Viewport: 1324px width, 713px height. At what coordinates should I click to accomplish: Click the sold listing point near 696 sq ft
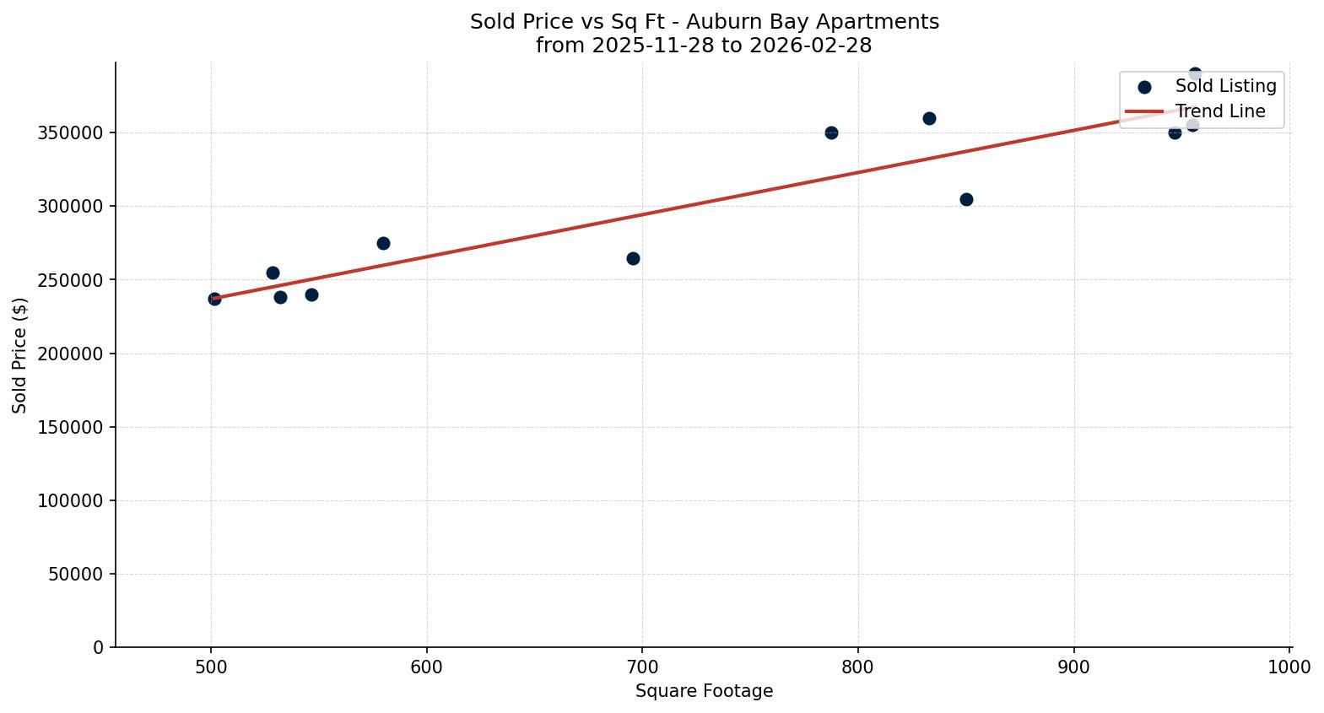tap(633, 258)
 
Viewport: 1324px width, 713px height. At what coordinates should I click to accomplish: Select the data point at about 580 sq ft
tap(383, 243)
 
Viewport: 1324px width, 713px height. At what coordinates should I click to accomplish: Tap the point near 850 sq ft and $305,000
tap(966, 199)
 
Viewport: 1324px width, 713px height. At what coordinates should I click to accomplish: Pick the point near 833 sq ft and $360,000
tap(929, 118)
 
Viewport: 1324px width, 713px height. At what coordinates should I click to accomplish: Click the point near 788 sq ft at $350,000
tap(831, 132)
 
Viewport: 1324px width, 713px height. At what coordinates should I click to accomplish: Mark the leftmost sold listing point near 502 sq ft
tap(214, 299)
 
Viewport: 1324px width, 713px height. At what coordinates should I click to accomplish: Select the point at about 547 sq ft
tap(311, 294)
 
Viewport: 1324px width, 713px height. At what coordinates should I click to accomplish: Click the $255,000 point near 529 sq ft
tap(273, 273)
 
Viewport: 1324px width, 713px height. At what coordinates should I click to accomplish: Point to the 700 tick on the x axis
tap(642, 667)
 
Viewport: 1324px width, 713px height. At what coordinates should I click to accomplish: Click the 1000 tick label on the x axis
tap(1289, 667)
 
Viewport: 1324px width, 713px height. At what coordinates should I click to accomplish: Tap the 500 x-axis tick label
tap(210, 667)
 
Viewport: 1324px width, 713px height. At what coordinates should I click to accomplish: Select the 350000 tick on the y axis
tap(71, 133)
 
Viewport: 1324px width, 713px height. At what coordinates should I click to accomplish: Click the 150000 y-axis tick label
tap(71, 427)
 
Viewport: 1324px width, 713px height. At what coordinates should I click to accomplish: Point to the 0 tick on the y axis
tap(99, 647)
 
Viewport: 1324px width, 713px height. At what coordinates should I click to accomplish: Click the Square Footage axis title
tap(704, 691)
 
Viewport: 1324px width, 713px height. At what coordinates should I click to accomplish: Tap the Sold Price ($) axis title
tap(20, 354)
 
